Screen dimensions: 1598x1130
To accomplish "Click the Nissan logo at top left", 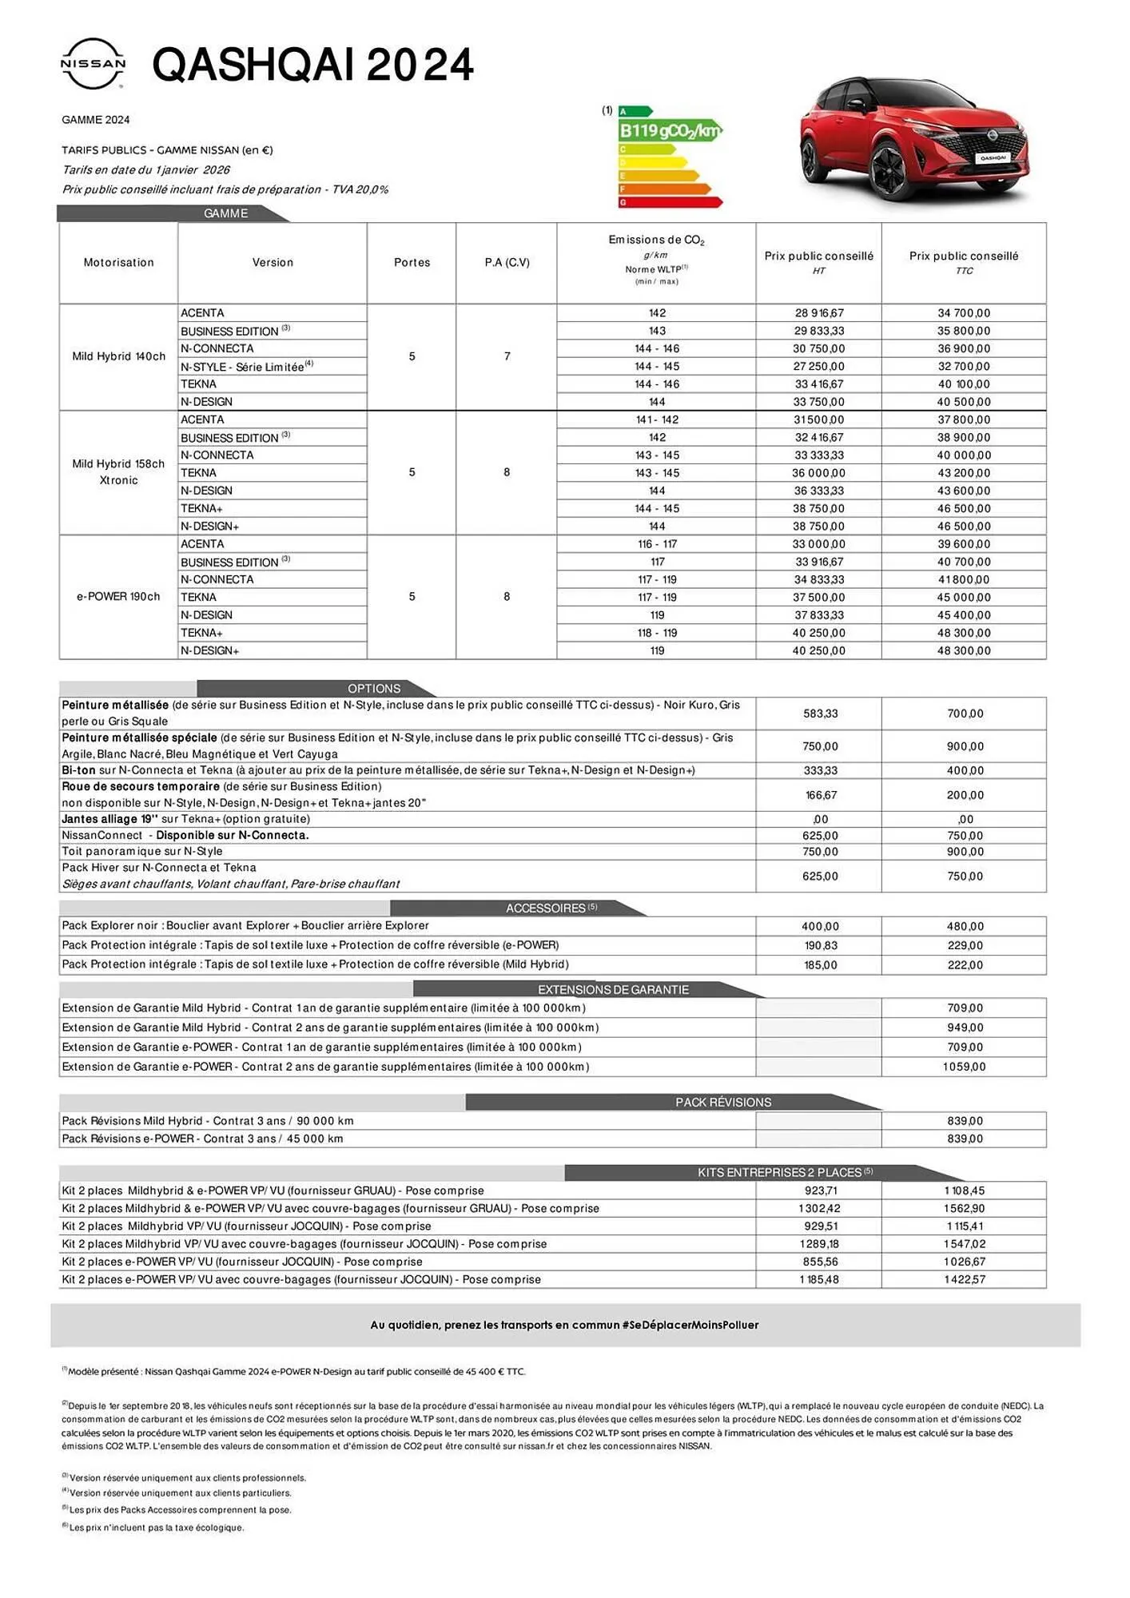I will tap(93, 63).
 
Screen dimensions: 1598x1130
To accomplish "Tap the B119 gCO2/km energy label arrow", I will tap(670, 130).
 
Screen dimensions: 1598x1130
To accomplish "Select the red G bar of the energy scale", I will tap(670, 203).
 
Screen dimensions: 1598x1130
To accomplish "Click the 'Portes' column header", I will tap(412, 263).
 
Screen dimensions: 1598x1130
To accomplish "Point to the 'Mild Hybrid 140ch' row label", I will tap(118, 356).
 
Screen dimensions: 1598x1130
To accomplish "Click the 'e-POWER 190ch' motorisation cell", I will tap(118, 597).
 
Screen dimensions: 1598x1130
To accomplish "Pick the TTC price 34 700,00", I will tap(964, 313).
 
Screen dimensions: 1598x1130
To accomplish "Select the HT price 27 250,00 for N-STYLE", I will tap(818, 367).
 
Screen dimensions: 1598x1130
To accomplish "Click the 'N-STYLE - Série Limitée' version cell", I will tap(246, 367).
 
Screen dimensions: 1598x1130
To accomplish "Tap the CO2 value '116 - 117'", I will tap(657, 544).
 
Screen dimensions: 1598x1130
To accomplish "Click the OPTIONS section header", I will tap(374, 689).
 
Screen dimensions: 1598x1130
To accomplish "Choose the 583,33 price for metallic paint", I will tap(820, 714).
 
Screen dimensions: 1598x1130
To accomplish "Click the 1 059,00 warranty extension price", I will tap(964, 1067).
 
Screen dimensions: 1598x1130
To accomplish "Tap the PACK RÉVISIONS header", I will tap(723, 1103).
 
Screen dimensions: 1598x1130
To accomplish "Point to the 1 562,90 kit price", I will tap(964, 1209).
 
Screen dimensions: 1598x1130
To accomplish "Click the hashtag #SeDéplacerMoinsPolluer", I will tap(690, 1325).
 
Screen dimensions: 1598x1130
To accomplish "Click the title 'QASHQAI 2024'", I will tap(312, 65).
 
